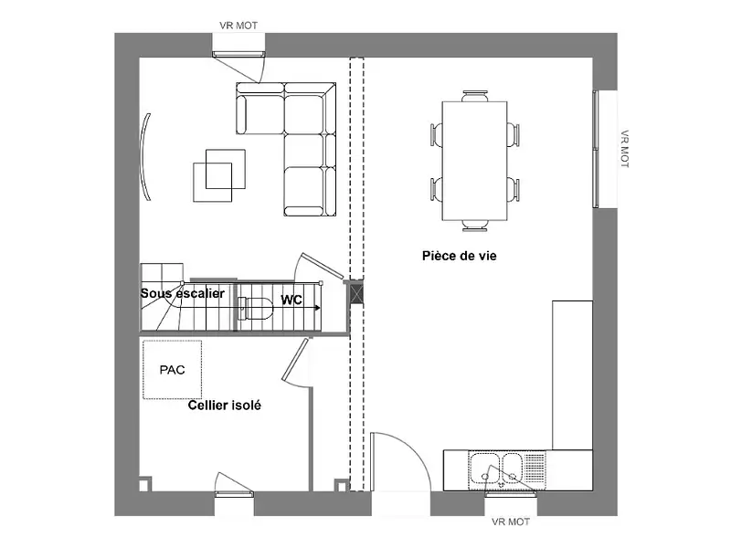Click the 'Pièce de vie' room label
460,256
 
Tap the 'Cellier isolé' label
224,406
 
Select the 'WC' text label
291,300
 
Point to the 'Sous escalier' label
182,293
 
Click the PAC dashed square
172,370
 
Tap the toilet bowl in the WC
256,309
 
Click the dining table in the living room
474,161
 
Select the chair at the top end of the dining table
475,96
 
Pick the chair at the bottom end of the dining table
475,226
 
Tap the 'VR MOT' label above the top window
238,26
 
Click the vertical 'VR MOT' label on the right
625,149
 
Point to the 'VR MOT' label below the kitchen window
511,522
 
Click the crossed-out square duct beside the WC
356,294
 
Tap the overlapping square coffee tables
219,175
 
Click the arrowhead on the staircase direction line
317,308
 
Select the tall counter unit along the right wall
573,375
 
